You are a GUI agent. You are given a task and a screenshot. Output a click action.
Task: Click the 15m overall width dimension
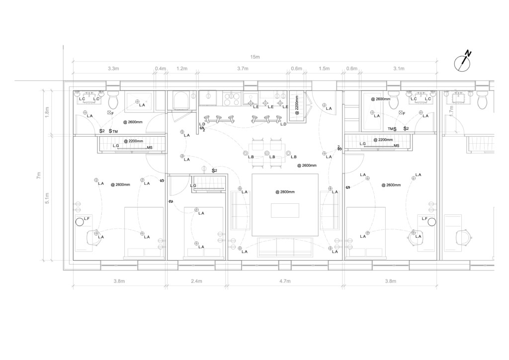point(255,57)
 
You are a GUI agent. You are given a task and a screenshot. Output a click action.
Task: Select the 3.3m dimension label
point(113,69)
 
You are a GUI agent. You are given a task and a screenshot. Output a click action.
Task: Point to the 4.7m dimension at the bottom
point(284,281)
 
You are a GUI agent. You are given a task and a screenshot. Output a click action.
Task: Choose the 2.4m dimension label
point(196,281)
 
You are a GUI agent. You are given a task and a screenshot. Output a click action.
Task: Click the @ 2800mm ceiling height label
point(284,192)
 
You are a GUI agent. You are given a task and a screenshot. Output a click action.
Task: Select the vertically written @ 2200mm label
point(297,105)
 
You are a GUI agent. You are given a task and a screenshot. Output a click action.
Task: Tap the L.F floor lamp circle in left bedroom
point(79,222)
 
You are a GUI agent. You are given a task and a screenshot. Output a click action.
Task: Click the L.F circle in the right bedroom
point(431,222)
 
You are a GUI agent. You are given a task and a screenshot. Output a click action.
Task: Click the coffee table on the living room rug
point(285,210)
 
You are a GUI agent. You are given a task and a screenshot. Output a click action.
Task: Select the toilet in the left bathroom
point(113,99)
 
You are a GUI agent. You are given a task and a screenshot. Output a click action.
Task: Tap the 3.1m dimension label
point(399,69)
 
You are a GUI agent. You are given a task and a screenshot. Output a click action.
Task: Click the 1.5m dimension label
point(324,69)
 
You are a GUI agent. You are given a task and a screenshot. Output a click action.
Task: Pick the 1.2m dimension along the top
point(182,69)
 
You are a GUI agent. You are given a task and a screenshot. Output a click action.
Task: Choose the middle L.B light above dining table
point(267,153)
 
